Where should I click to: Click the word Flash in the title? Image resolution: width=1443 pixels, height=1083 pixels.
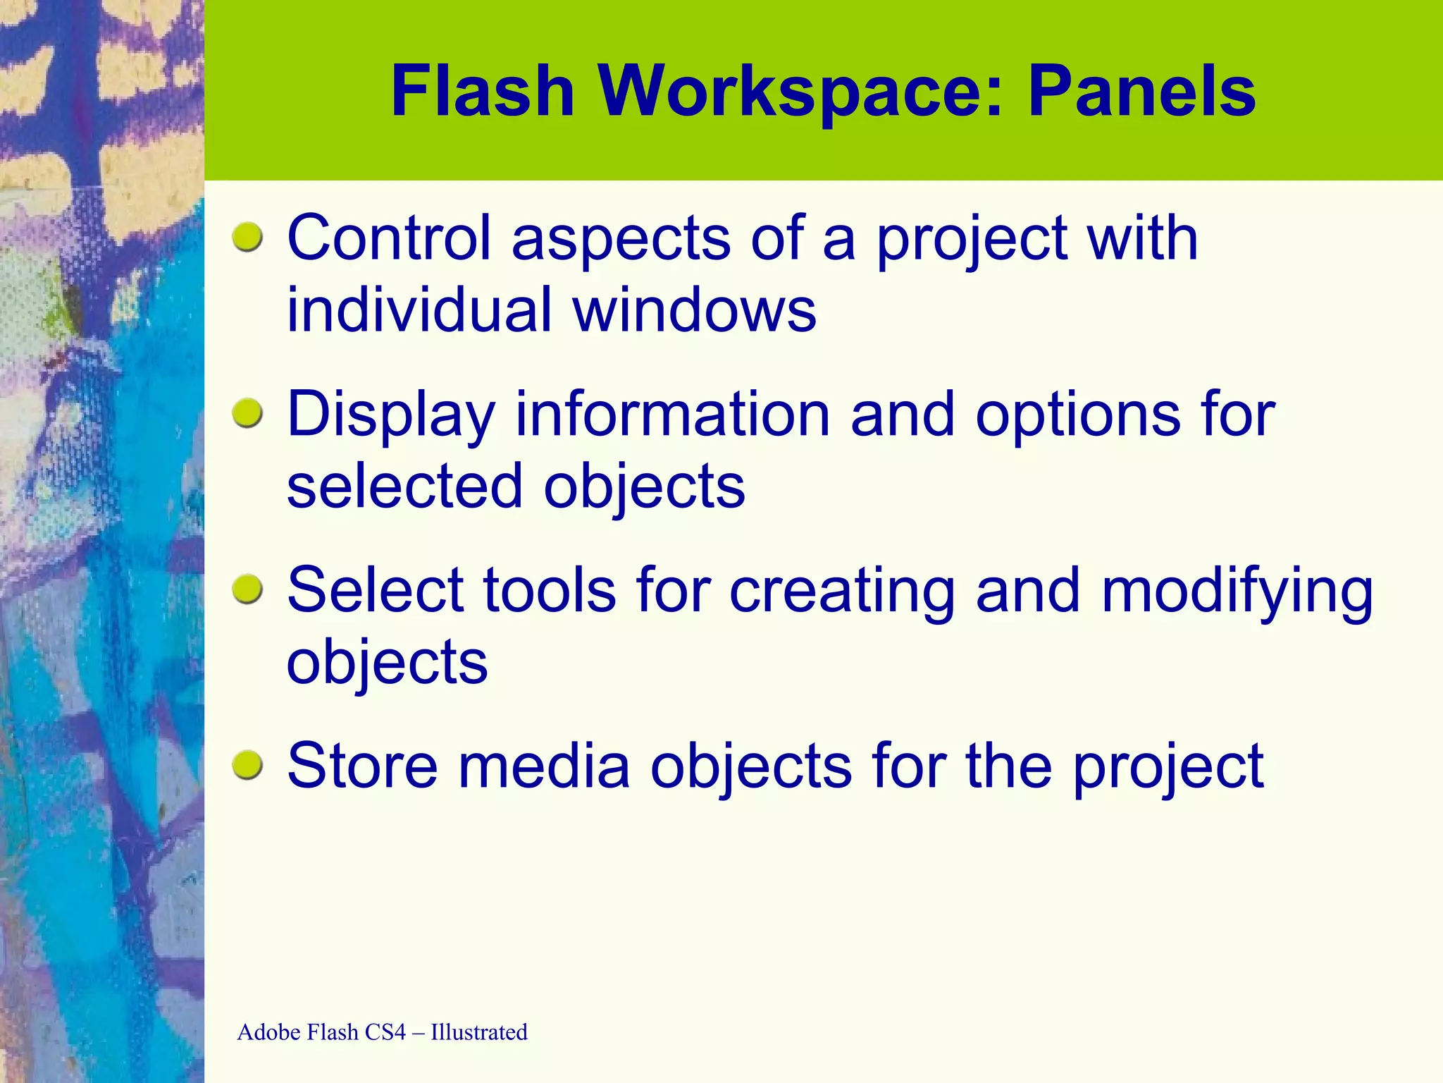[x=483, y=92]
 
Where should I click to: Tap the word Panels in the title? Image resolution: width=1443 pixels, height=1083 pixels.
[x=1141, y=92]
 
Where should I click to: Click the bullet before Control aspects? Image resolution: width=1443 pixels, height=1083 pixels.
[x=247, y=237]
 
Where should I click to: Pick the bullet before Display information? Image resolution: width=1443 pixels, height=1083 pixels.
[x=247, y=413]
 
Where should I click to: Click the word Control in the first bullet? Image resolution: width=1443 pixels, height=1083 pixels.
[x=389, y=238]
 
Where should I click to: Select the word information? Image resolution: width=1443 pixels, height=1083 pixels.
[x=673, y=415]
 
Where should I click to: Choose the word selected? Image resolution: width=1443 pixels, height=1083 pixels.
[x=404, y=487]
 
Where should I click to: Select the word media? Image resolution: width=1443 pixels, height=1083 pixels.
[x=544, y=766]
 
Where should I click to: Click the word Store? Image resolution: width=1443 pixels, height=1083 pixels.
[x=362, y=766]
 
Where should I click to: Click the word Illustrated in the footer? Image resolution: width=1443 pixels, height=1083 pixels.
[x=479, y=1032]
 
